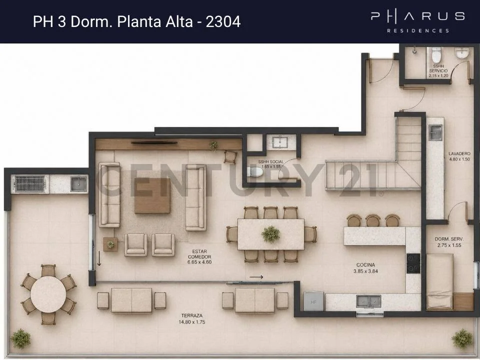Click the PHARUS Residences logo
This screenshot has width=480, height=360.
418,21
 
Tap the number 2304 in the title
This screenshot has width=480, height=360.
223,21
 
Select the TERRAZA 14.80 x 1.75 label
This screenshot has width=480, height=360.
192,318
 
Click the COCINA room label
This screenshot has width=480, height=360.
365,268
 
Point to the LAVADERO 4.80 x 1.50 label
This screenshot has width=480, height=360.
459,156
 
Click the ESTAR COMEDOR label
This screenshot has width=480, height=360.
199,257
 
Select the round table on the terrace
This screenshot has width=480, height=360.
48,294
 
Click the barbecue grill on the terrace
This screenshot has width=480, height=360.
30,183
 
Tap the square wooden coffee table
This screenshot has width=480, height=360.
152,195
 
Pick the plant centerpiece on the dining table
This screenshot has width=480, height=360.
270,234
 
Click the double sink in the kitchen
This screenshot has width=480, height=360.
368,301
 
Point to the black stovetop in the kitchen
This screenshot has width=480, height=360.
413,263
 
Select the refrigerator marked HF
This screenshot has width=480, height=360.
313,301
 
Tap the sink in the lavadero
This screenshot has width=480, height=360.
435,132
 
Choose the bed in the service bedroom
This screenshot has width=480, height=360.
439,281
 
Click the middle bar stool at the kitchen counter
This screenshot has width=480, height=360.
373,220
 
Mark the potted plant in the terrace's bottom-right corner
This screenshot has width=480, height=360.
462,338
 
